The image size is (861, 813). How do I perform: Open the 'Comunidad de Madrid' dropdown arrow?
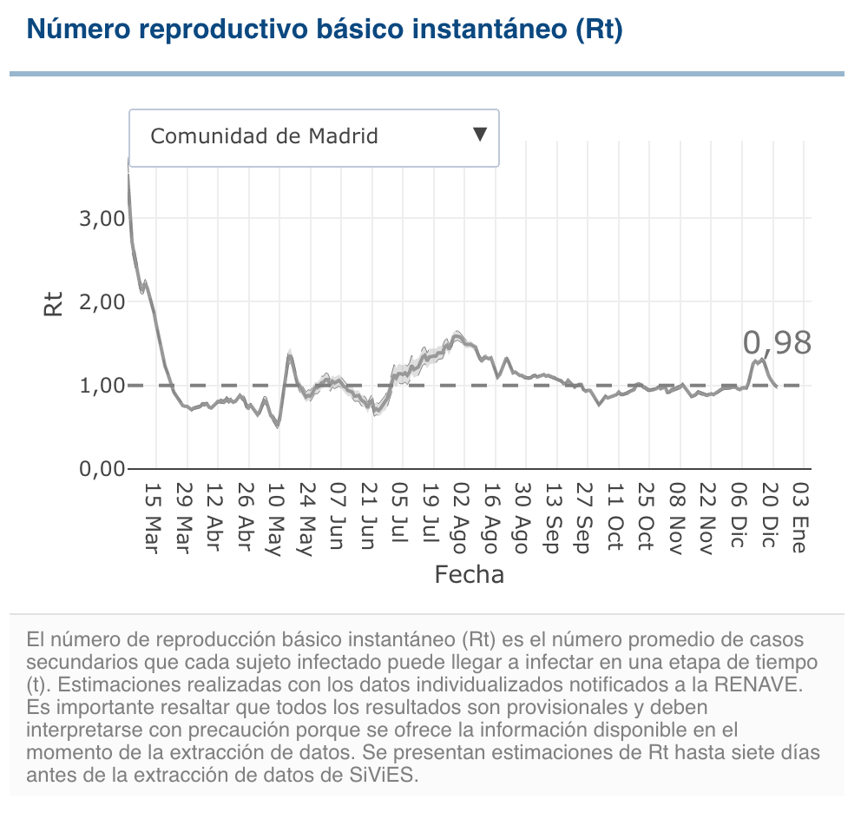coord(479,135)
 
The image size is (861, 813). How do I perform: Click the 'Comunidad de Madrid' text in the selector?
coord(264,136)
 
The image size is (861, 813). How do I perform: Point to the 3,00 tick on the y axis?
coord(102,219)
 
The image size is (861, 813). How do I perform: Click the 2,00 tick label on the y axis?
coord(102,302)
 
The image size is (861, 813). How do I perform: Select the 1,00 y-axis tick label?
coord(102,386)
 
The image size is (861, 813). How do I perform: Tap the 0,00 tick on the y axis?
coord(102,469)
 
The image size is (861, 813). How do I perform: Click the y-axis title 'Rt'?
coord(54,303)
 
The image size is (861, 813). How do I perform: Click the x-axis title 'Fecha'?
coord(469,574)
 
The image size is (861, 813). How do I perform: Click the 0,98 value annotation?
coord(777,343)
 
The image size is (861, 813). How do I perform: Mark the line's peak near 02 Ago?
coord(457,334)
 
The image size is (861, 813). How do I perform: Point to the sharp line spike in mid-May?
coord(289,354)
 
